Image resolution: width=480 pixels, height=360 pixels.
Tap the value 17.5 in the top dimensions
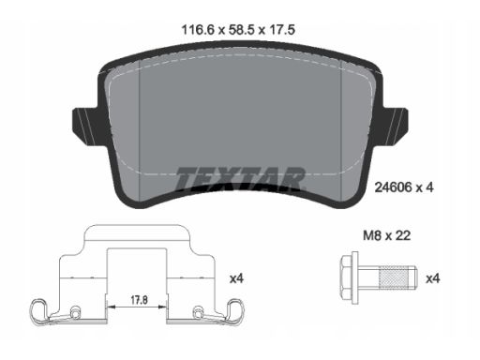pyautogui.click(x=282, y=30)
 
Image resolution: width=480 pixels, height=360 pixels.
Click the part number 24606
pyautogui.click(x=393, y=187)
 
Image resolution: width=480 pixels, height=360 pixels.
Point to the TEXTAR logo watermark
pyautogui.click(x=240, y=179)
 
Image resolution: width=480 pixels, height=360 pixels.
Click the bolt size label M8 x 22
pyautogui.click(x=386, y=235)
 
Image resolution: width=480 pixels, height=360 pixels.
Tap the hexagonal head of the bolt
pyautogui.click(x=347, y=277)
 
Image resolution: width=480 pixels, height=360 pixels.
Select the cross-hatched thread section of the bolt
pyautogui.click(x=394, y=277)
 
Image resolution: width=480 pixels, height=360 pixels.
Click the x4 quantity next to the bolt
pyautogui.click(x=433, y=278)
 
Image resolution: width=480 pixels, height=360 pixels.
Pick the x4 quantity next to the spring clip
pyautogui.click(x=236, y=278)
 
